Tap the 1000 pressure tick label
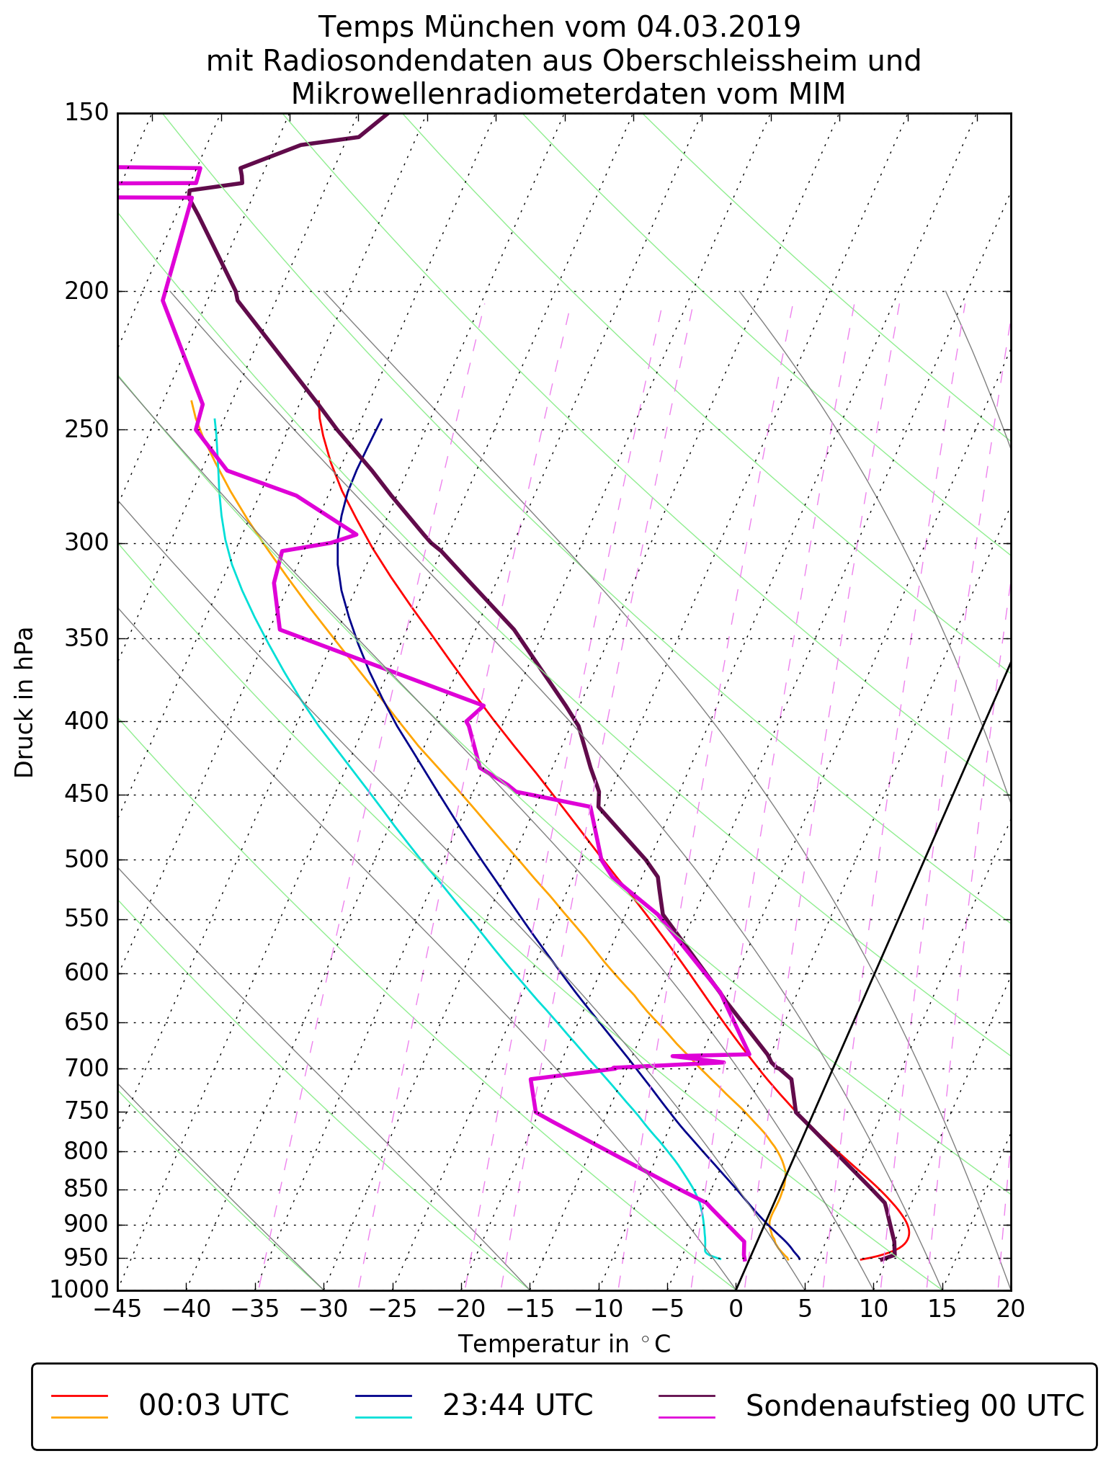[79, 1289]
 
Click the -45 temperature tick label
[117, 1308]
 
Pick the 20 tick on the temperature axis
[1010, 1308]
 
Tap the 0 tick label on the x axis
[736, 1308]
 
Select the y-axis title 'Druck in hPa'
[24, 702]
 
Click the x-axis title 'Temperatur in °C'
[564, 1344]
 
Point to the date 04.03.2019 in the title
[718, 27]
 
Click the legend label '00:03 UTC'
[214, 1405]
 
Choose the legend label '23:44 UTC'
[517, 1405]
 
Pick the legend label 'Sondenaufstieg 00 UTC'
[914, 1405]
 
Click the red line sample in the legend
[79, 1396]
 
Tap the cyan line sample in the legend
[383, 1416]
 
